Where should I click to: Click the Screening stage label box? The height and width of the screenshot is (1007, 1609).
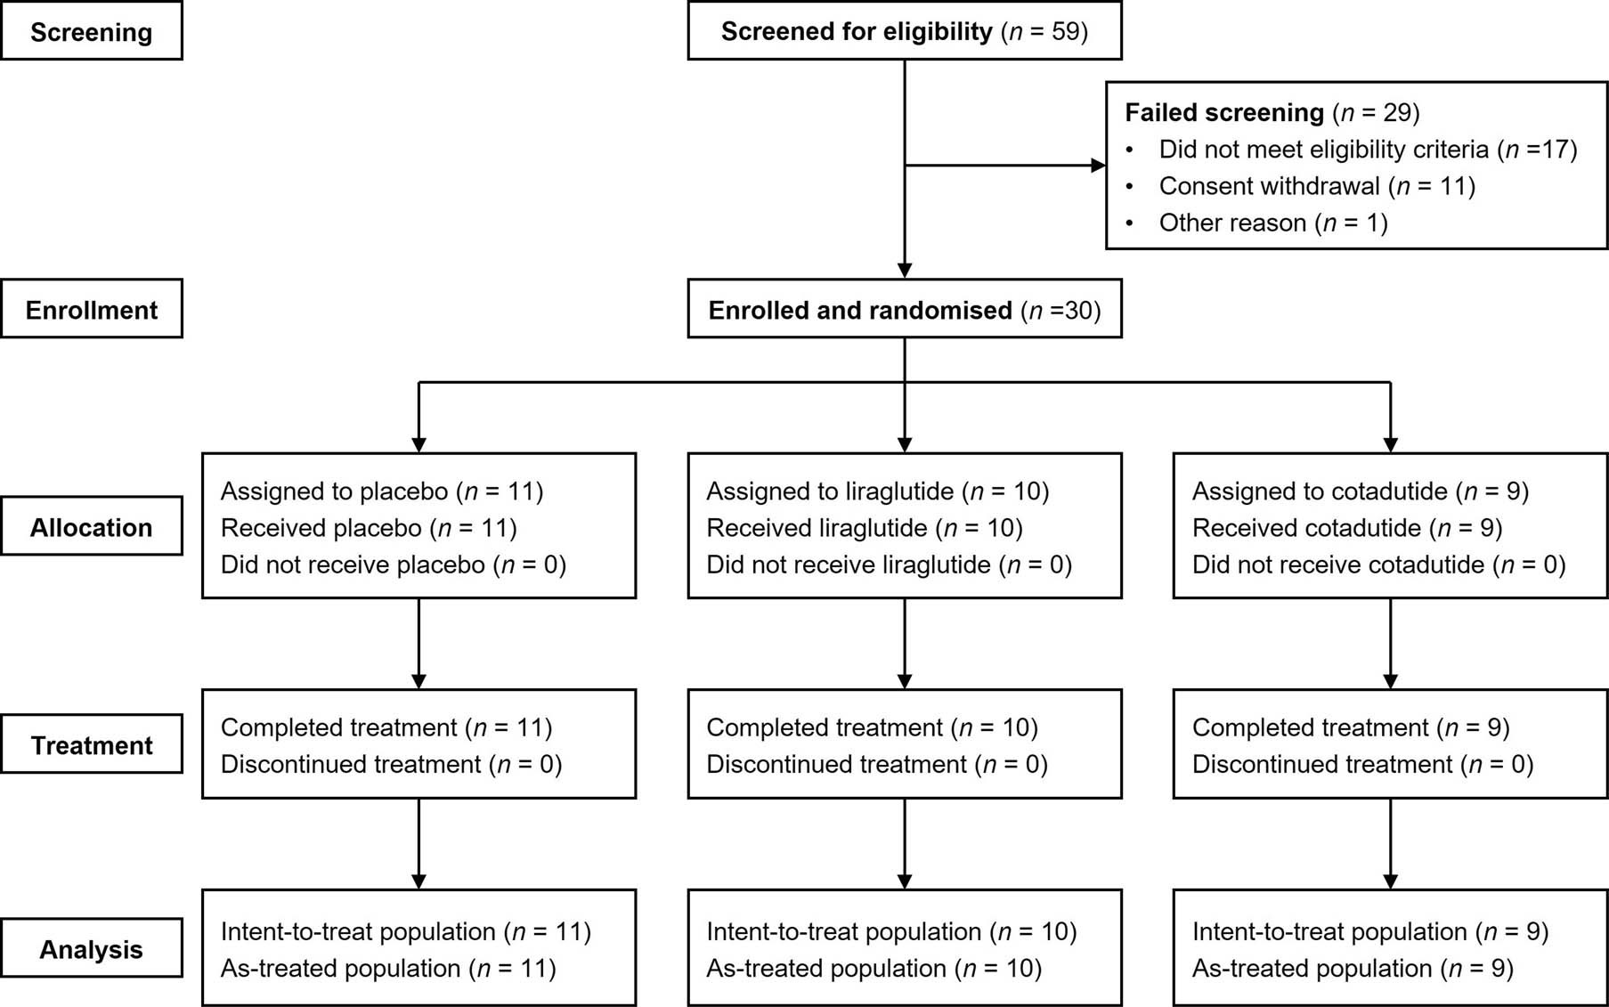click(x=92, y=32)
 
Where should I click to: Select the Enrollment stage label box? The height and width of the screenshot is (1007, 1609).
click(x=92, y=310)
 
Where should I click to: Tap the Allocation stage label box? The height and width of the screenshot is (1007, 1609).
click(x=92, y=527)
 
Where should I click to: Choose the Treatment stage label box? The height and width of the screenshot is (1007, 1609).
click(x=92, y=745)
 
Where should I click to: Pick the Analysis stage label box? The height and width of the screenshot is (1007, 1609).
click(x=92, y=949)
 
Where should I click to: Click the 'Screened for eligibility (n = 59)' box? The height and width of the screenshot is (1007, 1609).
click(x=904, y=32)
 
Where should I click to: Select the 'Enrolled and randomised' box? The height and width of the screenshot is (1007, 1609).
click(x=904, y=310)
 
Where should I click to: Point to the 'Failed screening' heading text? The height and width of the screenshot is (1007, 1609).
click(x=1224, y=113)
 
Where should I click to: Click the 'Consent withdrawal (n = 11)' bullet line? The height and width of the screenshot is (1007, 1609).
click(x=1316, y=186)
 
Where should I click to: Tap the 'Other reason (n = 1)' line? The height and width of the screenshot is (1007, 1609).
click(x=1272, y=223)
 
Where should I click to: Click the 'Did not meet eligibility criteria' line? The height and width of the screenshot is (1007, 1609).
click(x=1367, y=150)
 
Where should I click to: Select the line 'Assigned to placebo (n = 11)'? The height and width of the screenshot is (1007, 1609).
click(x=381, y=491)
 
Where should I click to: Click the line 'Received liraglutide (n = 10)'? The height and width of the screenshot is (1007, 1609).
click(x=864, y=528)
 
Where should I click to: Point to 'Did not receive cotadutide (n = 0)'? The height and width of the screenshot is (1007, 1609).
click(x=1377, y=564)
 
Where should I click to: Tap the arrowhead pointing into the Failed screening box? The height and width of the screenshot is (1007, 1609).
click(x=1098, y=165)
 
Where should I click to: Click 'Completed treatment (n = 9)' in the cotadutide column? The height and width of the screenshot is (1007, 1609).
click(x=1350, y=727)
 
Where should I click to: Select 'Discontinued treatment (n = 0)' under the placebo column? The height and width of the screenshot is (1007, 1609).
click(x=391, y=764)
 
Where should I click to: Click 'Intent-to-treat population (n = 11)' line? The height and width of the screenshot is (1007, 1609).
click(x=405, y=931)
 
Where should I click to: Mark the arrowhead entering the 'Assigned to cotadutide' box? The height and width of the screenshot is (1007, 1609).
click(x=1390, y=444)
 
